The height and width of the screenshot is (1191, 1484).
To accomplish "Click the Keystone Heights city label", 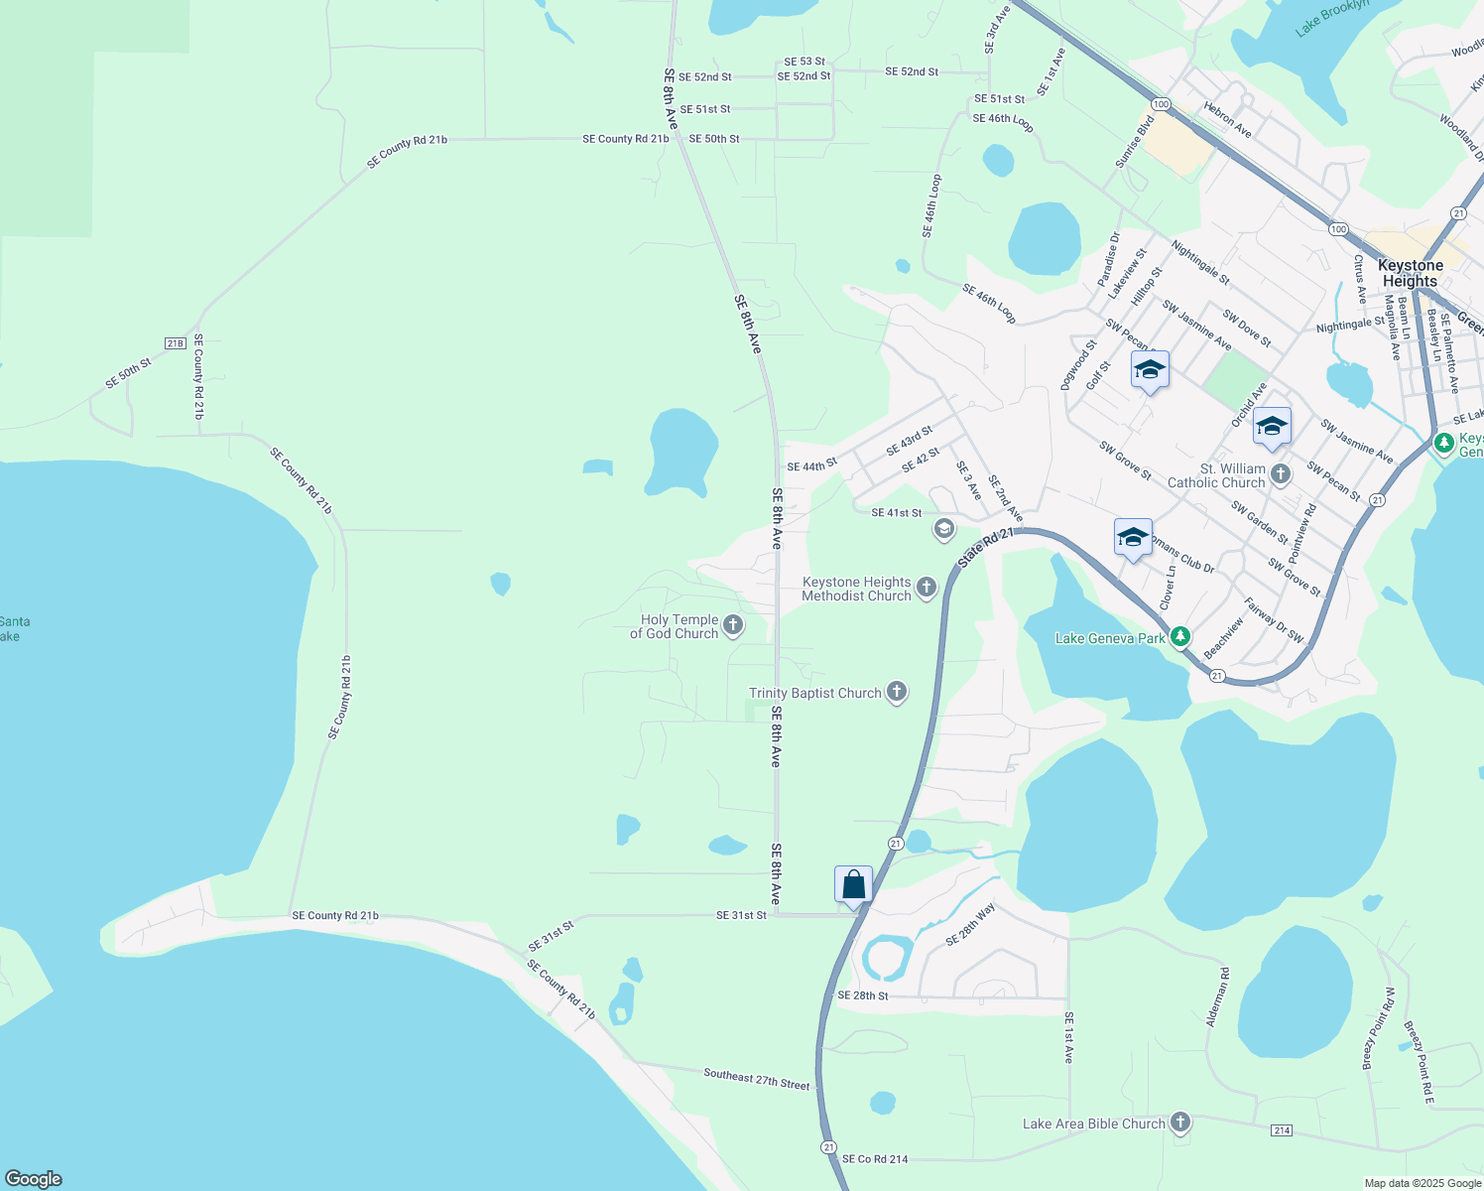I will click(1410, 273).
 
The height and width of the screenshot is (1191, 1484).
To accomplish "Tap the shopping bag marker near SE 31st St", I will click(853, 883).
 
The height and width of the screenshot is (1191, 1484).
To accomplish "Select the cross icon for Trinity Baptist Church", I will click(897, 692).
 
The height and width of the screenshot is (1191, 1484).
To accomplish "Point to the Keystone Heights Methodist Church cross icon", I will click(927, 588).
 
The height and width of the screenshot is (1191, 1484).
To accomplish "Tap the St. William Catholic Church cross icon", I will click(1281, 473).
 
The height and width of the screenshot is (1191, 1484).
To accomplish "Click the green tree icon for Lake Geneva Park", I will click(1180, 636).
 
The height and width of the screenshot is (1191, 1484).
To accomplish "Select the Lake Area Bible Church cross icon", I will click(1179, 1123).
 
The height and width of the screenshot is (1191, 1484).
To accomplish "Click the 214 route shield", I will click(1281, 1130).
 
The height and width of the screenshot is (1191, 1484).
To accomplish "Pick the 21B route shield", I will click(176, 343).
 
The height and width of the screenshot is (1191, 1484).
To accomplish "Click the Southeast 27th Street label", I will click(757, 1079).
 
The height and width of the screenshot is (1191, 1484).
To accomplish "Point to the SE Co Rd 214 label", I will click(875, 1159).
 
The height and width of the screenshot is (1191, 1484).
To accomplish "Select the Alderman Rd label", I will click(1217, 996).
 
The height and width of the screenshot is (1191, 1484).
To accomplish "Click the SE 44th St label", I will click(811, 465).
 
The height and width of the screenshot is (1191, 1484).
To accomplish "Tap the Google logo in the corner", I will click(33, 1179).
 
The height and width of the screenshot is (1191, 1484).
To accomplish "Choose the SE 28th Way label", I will click(970, 924).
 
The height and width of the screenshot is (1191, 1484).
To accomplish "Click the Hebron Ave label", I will click(1227, 119).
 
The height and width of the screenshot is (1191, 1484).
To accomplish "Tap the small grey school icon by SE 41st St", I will click(943, 528).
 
